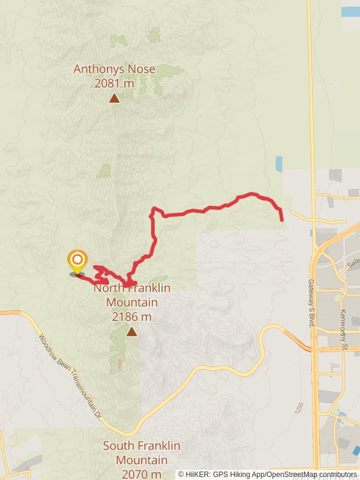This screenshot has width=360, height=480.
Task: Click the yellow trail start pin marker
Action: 77,261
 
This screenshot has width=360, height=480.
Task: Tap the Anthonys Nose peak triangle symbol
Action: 114,98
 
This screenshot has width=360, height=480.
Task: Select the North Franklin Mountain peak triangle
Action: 131,331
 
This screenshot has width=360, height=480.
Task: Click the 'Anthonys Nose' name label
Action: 114,69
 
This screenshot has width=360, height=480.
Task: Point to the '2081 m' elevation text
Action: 114,83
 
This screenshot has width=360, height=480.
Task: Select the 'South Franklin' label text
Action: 141,446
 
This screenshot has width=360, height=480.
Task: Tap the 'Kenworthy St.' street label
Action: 343,312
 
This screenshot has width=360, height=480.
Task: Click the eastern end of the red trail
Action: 281,220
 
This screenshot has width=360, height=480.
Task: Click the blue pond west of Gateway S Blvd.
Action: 278,164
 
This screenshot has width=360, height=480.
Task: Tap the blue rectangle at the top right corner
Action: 350,11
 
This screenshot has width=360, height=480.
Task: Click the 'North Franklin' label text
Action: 132,288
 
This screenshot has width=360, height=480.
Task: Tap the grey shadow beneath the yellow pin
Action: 77,274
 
